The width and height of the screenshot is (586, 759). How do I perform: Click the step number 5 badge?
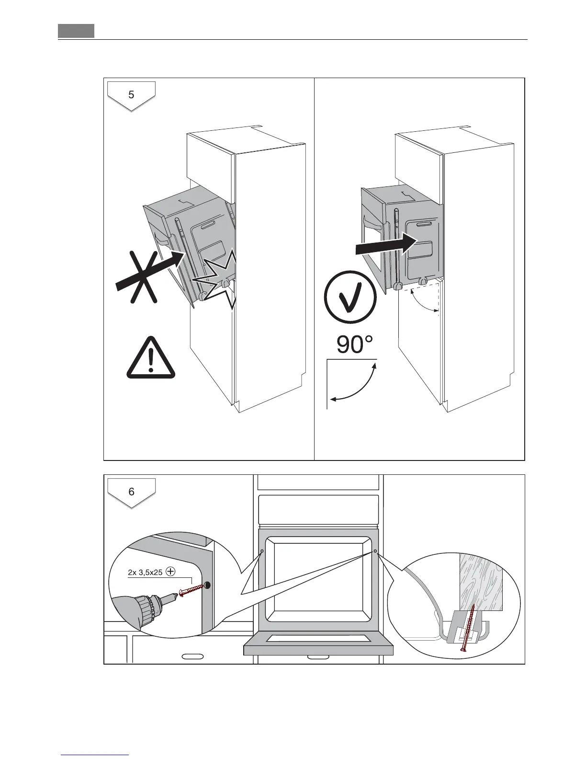[x=131, y=95]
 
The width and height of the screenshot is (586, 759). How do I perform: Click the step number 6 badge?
[x=131, y=492]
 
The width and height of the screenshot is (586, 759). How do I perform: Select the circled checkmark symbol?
[x=350, y=300]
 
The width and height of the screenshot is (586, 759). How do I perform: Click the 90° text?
[x=354, y=345]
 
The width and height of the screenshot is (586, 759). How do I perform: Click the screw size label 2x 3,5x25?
[x=146, y=572]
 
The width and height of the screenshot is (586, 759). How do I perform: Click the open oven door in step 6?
[x=318, y=643]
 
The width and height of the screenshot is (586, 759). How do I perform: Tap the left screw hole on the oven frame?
[x=262, y=551]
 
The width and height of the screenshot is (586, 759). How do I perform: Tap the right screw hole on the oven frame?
[x=375, y=551]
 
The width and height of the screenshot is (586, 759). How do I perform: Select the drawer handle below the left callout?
[x=192, y=655]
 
